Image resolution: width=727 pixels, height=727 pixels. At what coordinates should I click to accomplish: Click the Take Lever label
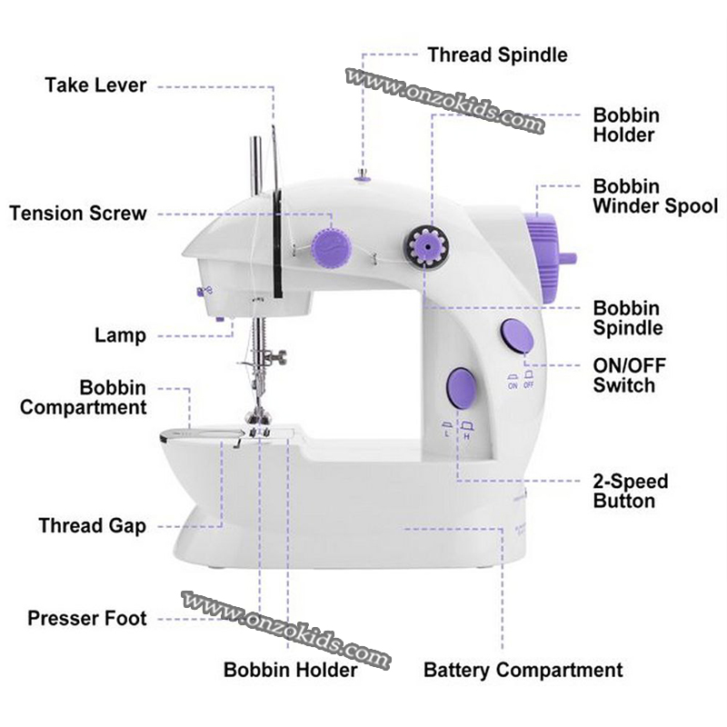pos(95,85)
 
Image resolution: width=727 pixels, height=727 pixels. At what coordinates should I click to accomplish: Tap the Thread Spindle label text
pos(497,55)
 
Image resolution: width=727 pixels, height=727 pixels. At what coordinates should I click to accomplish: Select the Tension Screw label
pos(77,214)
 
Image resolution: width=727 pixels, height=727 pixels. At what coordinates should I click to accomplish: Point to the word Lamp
pos(120,335)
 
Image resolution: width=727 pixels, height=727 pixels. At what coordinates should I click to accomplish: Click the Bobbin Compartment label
pos(84,398)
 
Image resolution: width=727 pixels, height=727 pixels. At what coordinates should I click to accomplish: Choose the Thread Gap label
pos(92,526)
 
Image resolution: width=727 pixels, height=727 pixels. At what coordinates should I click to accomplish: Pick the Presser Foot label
pos(87,619)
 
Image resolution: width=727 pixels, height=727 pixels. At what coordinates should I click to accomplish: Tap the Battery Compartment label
pos(523,671)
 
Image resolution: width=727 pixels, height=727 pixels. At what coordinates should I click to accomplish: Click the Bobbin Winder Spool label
pos(654,196)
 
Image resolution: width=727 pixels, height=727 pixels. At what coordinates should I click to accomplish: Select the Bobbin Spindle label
pos(627,318)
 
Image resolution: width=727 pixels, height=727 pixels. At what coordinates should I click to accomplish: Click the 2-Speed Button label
pos(631,491)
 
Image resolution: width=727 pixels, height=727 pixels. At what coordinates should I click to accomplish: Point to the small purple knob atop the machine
pos(363,178)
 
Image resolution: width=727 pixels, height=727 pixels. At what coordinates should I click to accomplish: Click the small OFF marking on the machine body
pos(528,385)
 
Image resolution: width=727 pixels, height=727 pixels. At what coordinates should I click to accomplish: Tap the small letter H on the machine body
pos(467,437)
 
